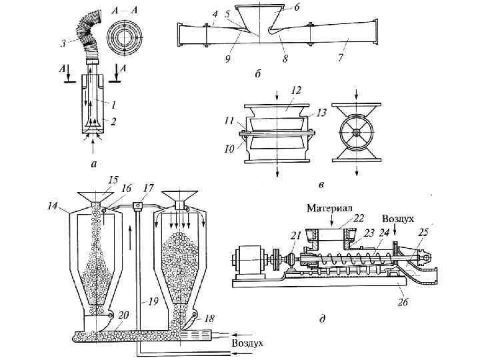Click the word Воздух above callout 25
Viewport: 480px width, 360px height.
pos(398,218)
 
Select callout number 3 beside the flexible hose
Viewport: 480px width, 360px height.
pos(63,44)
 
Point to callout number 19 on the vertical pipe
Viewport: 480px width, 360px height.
pos(152,301)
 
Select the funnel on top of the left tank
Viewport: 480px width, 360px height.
pos(95,197)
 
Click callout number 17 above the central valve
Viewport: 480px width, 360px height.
pos(147,188)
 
